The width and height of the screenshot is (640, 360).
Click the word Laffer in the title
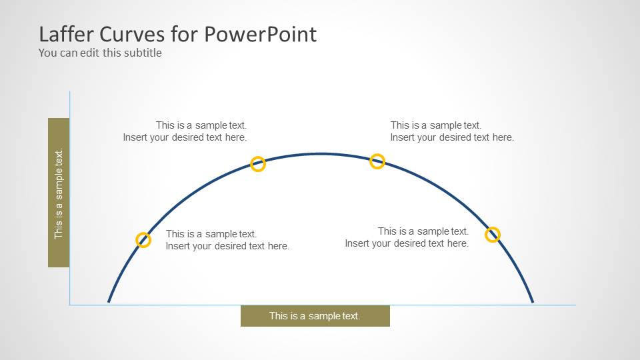click(x=65, y=34)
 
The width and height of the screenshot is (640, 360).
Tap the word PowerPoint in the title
click(x=260, y=34)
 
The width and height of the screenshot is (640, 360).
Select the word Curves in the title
click(x=135, y=34)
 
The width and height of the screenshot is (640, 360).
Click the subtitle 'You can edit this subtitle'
click(x=100, y=53)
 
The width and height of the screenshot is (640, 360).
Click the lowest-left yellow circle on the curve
click(x=143, y=240)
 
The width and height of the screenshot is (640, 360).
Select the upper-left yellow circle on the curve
click(x=258, y=164)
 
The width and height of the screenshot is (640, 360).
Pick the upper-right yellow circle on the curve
click(x=377, y=161)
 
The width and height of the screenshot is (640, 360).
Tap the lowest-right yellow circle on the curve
click(x=493, y=234)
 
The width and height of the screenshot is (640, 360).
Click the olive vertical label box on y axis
click(x=59, y=193)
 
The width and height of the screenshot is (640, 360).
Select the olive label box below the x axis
click(x=315, y=316)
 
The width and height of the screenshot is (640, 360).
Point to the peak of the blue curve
click(x=321, y=154)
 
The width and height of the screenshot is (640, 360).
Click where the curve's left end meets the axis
click(x=109, y=303)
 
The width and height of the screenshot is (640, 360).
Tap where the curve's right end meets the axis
click(x=533, y=303)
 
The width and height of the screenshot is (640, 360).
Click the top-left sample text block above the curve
click(x=185, y=131)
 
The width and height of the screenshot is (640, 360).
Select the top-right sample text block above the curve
click(x=452, y=131)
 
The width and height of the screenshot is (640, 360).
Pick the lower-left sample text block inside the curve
click(x=227, y=240)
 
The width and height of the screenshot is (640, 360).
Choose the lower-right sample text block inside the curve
click(x=407, y=237)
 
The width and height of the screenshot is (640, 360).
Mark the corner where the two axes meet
click(x=69, y=305)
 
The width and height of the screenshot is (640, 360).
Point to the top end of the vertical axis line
click(x=69, y=92)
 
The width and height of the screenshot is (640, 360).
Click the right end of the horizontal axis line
click(x=575, y=305)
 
